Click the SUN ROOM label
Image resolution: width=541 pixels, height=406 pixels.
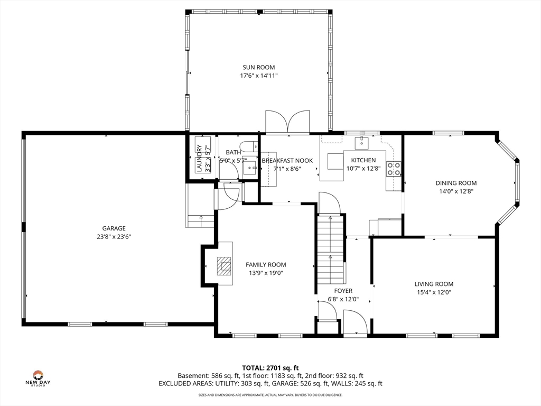(x=259, y=67)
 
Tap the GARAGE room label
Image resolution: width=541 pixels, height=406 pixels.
(x=114, y=228)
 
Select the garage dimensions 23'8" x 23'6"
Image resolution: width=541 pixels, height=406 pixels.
(x=114, y=237)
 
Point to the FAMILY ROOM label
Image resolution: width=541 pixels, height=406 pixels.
(x=266, y=265)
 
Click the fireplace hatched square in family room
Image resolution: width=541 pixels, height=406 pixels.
(x=224, y=266)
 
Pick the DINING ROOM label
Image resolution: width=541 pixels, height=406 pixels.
(x=456, y=183)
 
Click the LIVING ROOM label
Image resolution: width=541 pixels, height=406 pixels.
(x=434, y=284)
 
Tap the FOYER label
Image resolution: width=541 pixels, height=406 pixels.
(x=343, y=291)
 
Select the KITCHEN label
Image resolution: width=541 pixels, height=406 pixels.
(x=363, y=160)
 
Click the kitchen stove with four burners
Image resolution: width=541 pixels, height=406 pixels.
(x=394, y=169)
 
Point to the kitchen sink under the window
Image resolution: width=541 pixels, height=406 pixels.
(x=361, y=142)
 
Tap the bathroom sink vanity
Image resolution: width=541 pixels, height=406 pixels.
(x=250, y=168)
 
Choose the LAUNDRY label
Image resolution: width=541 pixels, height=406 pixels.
(x=199, y=158)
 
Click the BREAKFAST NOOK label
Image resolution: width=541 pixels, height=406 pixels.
(x=287, y=161)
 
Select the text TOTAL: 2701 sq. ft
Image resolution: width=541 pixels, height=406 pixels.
(x=270, y=368)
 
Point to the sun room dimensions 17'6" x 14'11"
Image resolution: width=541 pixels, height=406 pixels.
(x=259, y=76)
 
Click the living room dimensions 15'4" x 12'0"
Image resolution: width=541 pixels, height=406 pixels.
(x=434, y=292)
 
